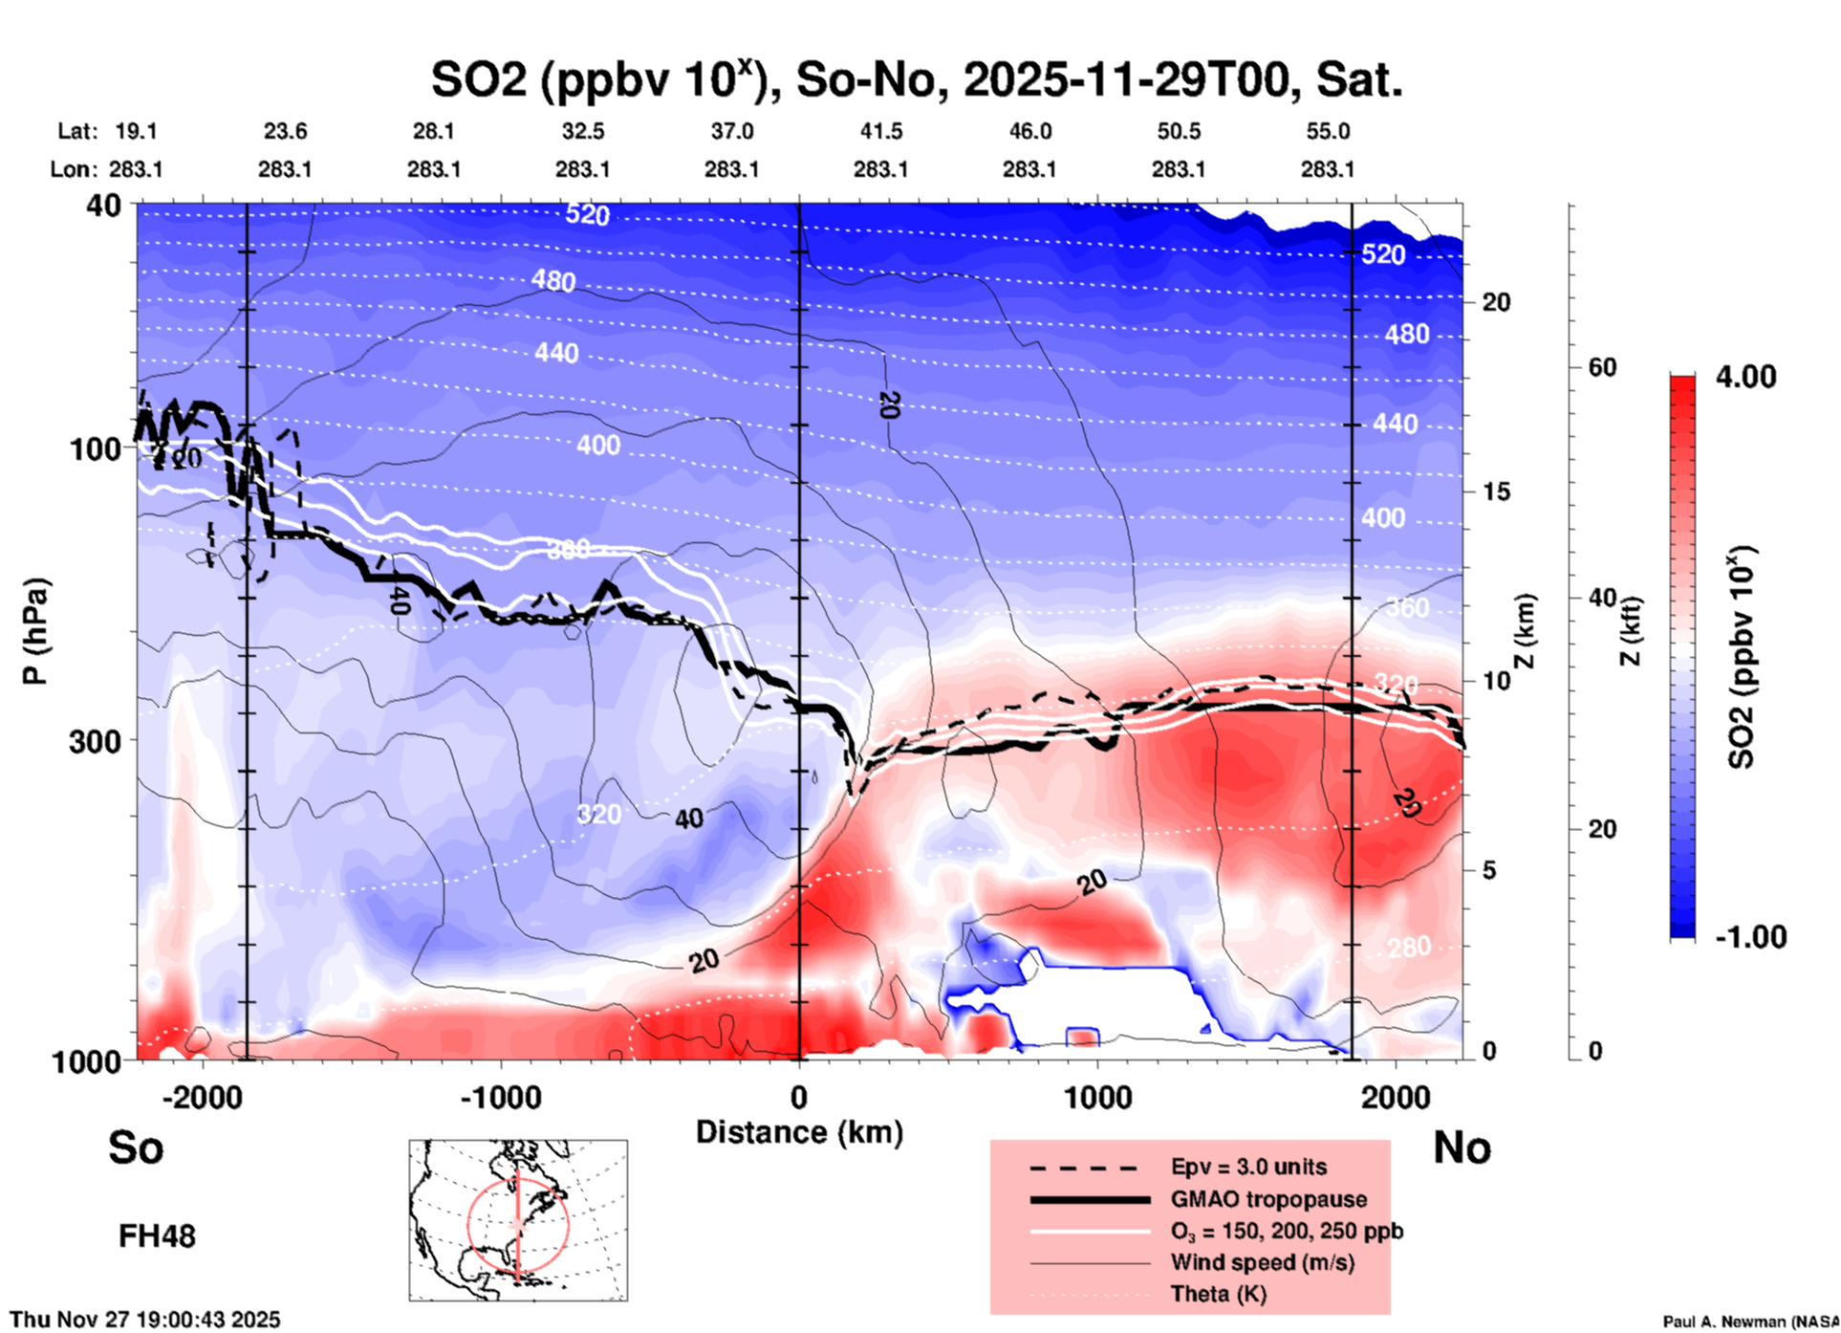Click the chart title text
click(x=916, y=79)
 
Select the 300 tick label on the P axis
click(x=96, y=741)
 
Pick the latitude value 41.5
click(x=880, y=131)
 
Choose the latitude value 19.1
click(x=136, y=131)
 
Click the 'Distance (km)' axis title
click(x=799, y=1132)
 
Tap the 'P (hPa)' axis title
click(x=35, y=631)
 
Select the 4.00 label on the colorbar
click(x=1745, y=377)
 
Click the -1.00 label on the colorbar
click(x=1750, y=937)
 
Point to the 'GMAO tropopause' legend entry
click(x=1268, y=1199)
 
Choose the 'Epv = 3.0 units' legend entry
click(x=1248, y=1167)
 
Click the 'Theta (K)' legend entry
click(x=1218, y=1294)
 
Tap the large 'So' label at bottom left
click(x=136, y=1147)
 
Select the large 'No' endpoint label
click(x=1462, y=1147)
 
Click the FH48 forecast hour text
click(x=157, y=1236)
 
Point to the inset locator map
click(x=518, y=1219)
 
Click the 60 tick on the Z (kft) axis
click(x=1602, y=367)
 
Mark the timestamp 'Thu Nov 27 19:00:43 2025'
click(x=145, y=1320)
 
